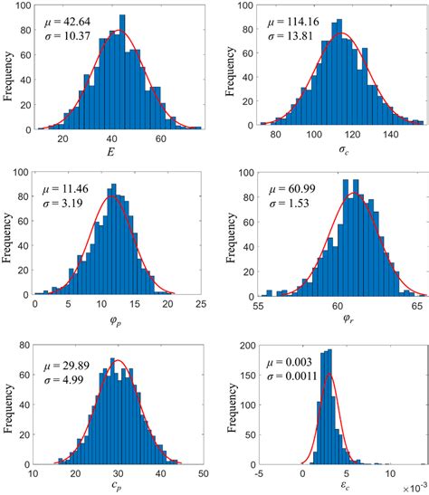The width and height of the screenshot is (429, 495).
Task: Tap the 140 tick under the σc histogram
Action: (390, 138)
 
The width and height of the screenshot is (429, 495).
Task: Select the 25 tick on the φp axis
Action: (202, 304)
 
